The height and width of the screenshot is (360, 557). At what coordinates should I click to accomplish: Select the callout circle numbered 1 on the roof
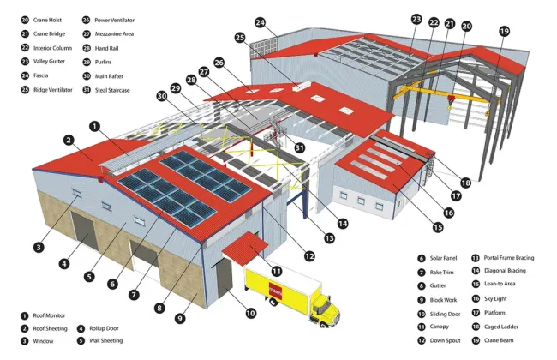coord(95,125)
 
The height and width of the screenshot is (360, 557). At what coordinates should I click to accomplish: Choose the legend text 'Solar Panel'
coord(444,258)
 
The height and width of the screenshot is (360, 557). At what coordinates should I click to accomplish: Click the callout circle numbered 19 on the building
coord(504,32)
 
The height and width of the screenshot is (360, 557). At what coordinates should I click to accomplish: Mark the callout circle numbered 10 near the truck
coord(250,313)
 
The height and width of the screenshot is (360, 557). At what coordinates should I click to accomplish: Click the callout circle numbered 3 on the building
coord(39,248)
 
